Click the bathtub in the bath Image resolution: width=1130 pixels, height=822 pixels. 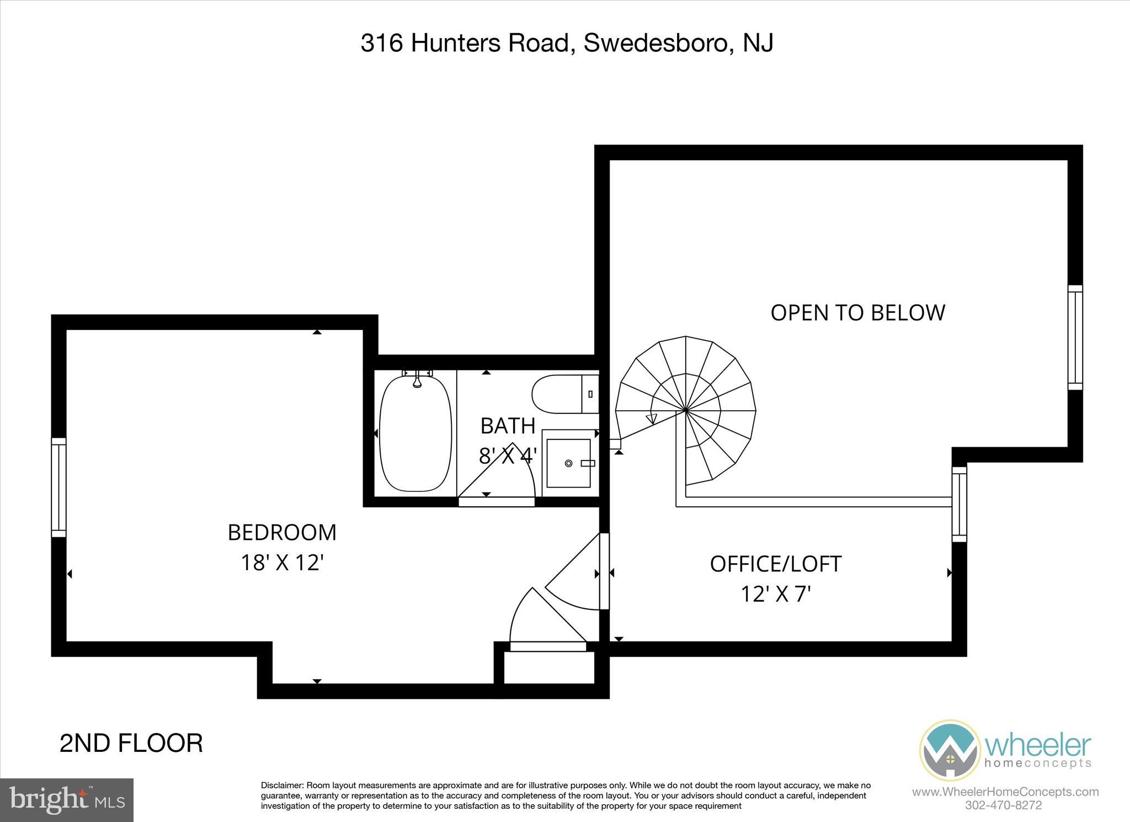[416, 434]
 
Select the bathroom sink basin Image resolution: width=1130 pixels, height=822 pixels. [568, 463]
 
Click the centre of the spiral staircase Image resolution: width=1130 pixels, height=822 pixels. [685, 411]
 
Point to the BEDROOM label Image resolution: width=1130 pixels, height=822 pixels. [282, 533]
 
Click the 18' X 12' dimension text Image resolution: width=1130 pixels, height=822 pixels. [282, 563]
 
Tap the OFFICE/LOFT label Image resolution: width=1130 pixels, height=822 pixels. [775, 564]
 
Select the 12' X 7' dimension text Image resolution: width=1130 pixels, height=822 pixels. [775, 595]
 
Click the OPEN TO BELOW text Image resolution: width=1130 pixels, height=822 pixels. [857, 313]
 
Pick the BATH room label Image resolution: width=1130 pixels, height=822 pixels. [508, 426]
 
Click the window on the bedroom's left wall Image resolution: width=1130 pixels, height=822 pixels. [58, 487]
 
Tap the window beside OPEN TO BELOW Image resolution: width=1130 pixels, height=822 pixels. [1075, 337]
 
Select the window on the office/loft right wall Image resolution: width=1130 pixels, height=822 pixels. [960, 504]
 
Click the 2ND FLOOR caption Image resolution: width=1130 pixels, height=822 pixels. [131, 743]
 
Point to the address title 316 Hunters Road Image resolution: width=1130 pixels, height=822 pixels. [567, 43]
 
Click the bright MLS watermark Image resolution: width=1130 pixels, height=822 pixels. [67, 799]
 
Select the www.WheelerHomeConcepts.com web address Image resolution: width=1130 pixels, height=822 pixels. [1005, 792]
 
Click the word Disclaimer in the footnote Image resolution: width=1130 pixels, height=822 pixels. [281, 786]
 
